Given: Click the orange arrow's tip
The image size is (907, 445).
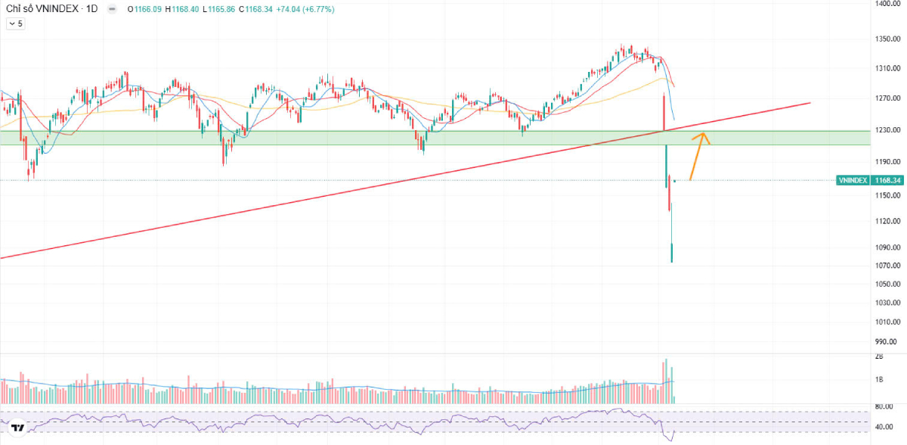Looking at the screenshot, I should click(704, 134).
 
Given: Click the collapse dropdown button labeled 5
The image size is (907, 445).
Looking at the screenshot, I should click(16, 23).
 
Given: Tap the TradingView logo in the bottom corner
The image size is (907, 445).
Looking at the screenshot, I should click(18, 428).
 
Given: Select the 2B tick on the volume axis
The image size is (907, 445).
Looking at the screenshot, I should click(879, 356).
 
